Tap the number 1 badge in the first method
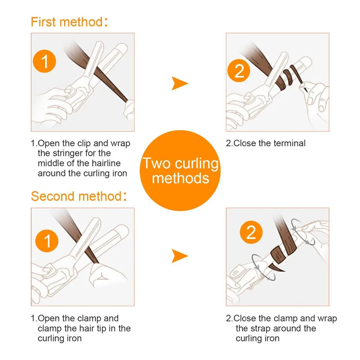click(44, 61)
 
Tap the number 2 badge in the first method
click(239, 71)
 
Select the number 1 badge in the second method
click(47, 241)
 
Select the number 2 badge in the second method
click(251, 232)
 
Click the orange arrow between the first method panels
click(180, 84)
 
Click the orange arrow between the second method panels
click(180, 256)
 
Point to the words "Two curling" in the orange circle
click(180, 163)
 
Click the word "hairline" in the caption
click(106, 163)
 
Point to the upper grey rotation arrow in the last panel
click(303, 232)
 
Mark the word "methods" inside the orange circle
click(180, 178)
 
